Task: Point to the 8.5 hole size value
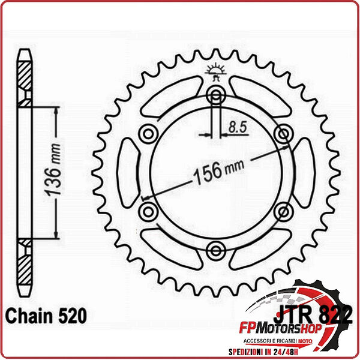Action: click(236, 126)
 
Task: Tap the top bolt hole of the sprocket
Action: click(216, 94)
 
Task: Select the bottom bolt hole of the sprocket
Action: click(216, 248)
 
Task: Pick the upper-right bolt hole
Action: click(283, 132)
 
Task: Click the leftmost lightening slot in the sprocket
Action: click(128, 171)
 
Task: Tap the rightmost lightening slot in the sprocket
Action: click(304, 171)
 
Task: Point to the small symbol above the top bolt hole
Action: click(216, 71)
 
